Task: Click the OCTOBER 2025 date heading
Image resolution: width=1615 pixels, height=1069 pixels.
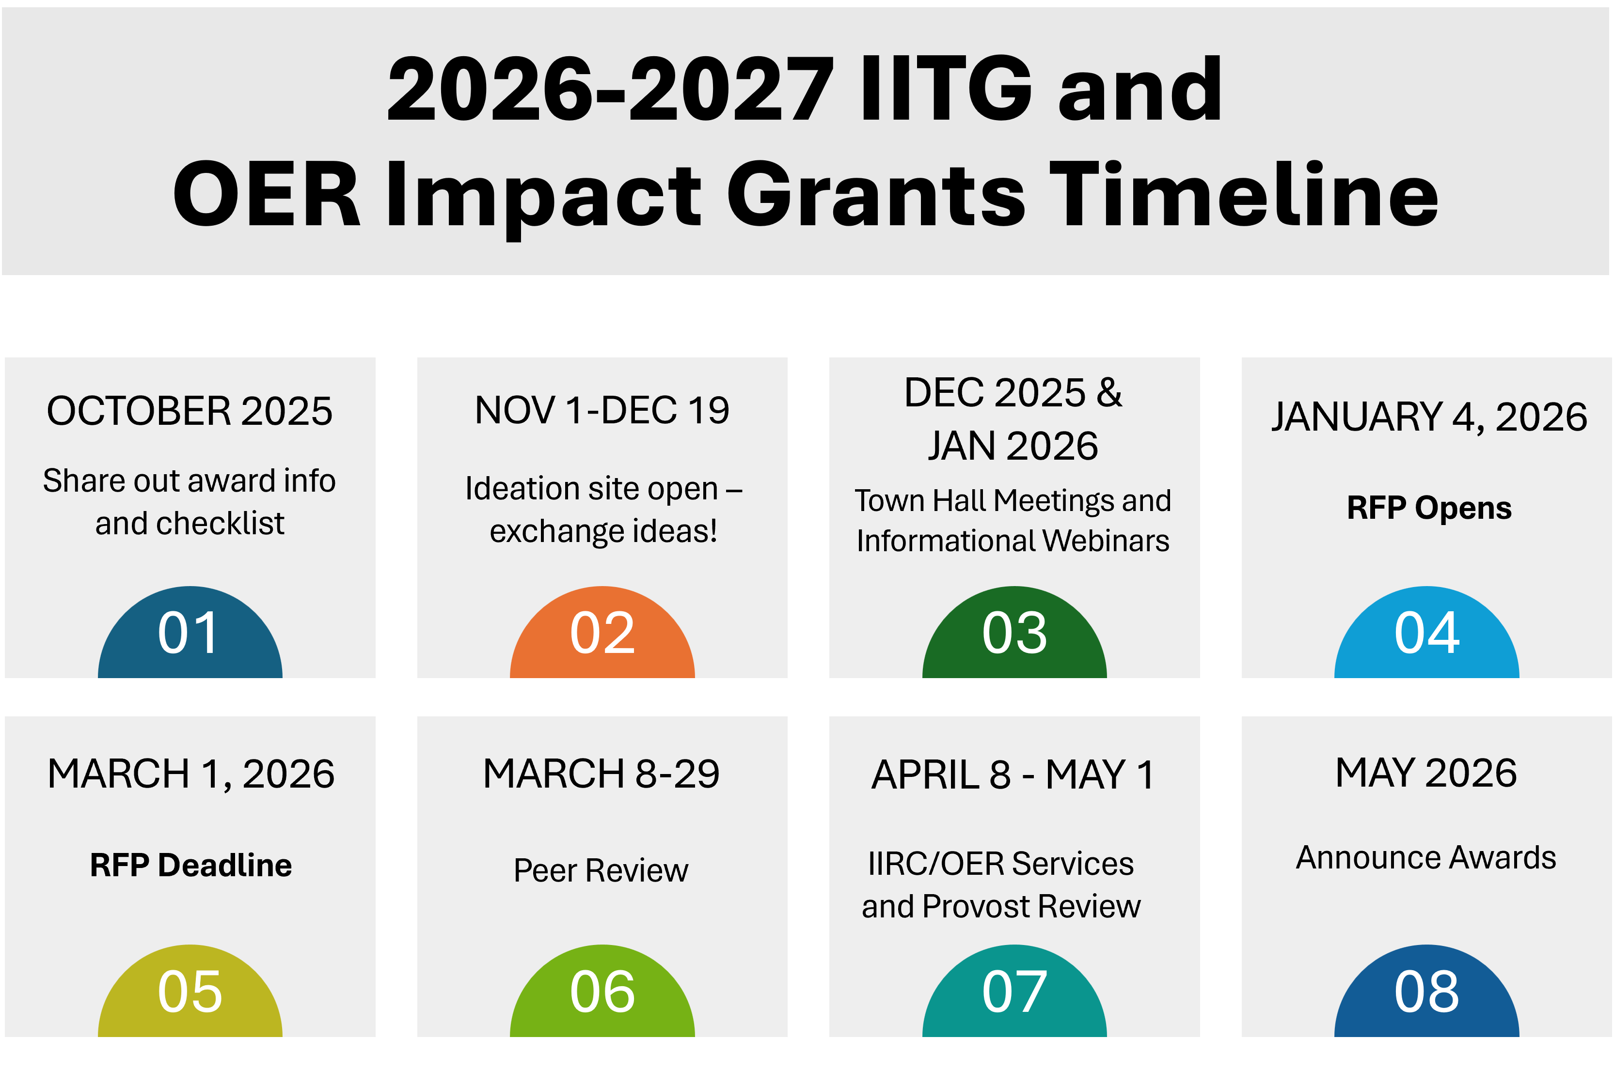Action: [x=190, y=411]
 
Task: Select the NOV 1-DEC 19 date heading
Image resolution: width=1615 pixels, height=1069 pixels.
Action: [x=602, y=410]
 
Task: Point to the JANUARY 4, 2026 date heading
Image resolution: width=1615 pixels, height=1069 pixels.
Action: [x=1429, y=417]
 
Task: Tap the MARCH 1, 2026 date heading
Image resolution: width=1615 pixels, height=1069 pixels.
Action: [x=191, y=775]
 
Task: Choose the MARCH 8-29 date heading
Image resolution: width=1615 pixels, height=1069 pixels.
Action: [x=601, y=774]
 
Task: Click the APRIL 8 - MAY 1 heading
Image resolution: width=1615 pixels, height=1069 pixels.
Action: [x=1013, y=775]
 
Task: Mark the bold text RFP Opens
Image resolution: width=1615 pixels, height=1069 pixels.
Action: [x=1429, y=508]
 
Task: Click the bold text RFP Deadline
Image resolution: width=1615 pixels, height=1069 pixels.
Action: [x=191, y=865]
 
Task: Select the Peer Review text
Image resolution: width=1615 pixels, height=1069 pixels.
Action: [x=601, y=870]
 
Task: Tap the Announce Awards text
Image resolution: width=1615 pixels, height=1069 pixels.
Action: [x=1426, y=858]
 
